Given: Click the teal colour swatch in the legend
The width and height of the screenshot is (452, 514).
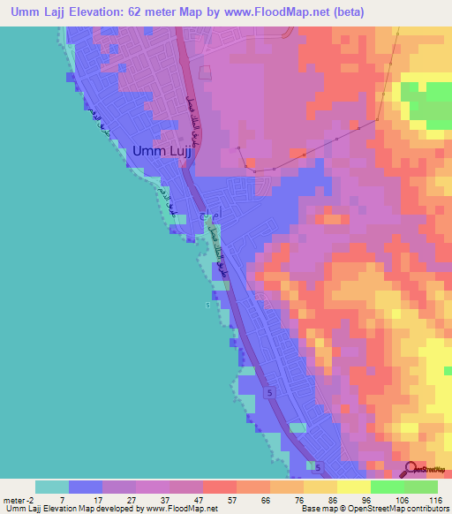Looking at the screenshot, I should click(x=52, y=487).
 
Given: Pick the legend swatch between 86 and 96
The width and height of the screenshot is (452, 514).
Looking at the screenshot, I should click(x=353, y=487).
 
